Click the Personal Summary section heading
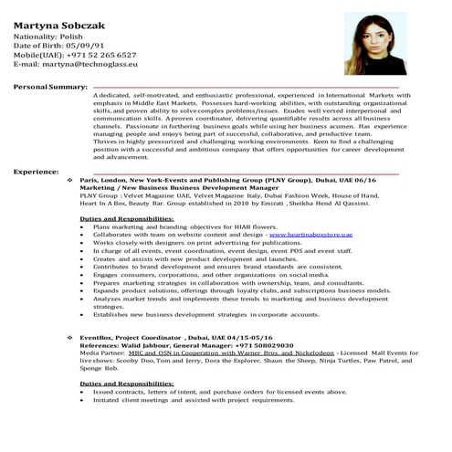tap(50, 86)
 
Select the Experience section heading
tap(36, 172)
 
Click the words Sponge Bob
tap(96, 369)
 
